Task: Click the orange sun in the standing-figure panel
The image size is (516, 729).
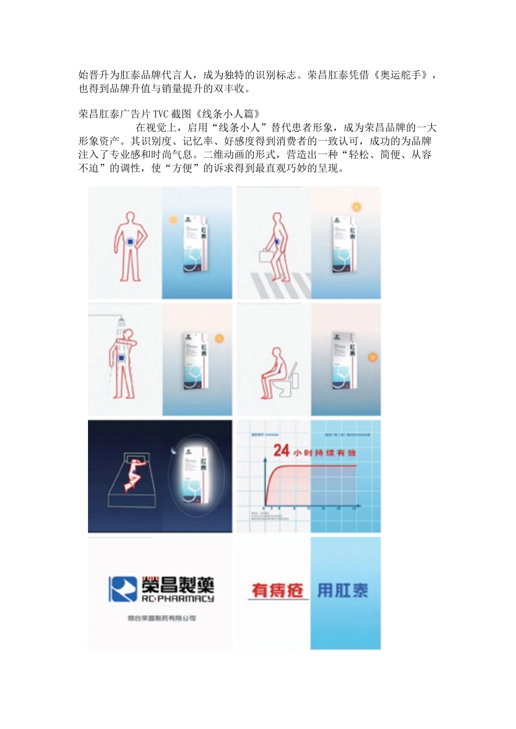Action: tap(173, 220)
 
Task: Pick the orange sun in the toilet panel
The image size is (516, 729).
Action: tap(373, 357)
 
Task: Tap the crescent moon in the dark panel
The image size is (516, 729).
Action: tap(173, 450)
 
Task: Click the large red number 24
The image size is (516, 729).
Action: tap(281, 450)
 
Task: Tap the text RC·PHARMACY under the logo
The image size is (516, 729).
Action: tap(178, 599)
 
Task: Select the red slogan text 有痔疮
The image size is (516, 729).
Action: tap(277, 590)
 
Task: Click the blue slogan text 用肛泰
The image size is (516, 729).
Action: tap(342, 590)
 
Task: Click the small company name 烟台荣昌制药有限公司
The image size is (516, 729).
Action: tap(162, 618)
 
